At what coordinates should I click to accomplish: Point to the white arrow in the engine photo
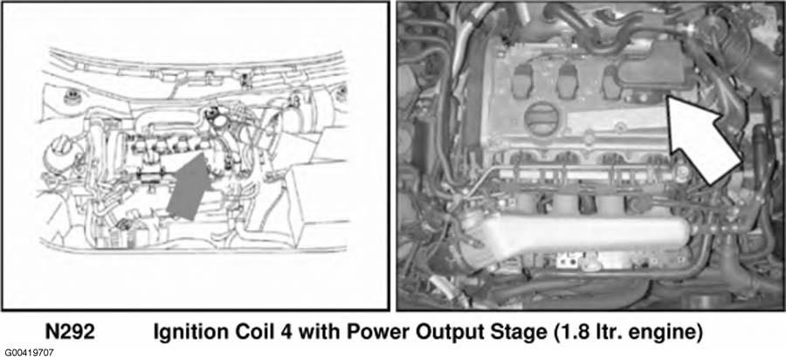point(703,138)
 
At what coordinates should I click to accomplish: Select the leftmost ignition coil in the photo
point(525,80)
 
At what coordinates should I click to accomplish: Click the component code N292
point(70,332)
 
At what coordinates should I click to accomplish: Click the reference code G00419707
point(29,354)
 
